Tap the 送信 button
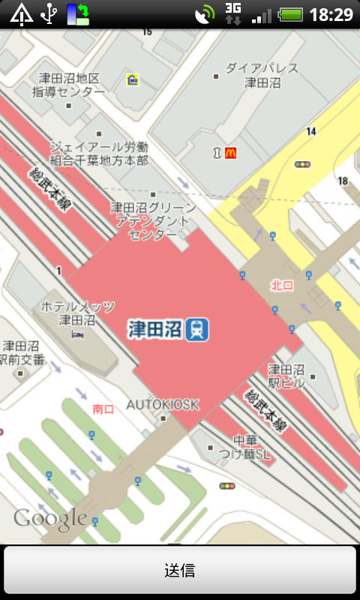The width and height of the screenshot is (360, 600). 180,571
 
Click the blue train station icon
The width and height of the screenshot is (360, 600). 197,328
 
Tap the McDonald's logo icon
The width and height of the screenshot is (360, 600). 230,153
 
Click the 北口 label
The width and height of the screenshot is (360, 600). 282,285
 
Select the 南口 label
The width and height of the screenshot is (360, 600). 103,409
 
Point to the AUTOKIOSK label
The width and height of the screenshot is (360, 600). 163,405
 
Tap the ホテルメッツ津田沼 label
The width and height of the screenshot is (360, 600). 78,313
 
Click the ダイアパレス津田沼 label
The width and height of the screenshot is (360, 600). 262,75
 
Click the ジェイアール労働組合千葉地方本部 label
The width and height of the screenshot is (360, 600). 99,153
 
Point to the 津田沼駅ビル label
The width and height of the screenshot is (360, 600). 286,376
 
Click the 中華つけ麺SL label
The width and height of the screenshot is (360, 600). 251,447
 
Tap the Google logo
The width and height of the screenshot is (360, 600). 50,517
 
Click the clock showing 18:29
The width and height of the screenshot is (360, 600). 331,14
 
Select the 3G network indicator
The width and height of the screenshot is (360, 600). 233,13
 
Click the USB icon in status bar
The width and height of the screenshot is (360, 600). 49,13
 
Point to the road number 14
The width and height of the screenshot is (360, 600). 311,132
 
